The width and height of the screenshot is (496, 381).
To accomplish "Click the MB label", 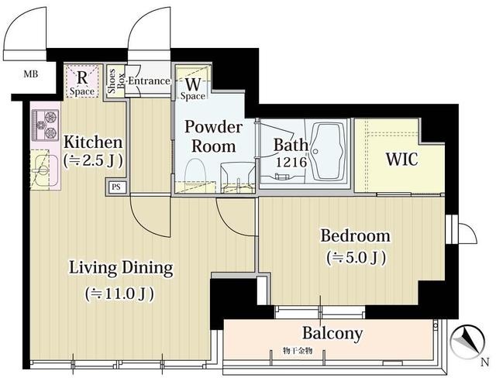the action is point(31,74).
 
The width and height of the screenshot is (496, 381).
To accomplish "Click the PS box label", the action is point(116,187).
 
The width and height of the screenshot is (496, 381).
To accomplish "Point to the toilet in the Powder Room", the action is point(195,175).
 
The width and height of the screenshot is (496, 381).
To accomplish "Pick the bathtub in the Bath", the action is point(328,152).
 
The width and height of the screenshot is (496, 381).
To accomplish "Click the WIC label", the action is point(401,159).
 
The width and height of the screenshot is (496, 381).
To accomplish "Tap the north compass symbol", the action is point(468,342).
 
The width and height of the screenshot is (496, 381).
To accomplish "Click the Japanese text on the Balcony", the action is point(298,351).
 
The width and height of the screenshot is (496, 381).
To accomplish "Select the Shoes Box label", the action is point(115,81).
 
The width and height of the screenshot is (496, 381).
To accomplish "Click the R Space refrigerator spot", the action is point(82,81).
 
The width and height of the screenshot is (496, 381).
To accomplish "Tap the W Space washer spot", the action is point(193,84).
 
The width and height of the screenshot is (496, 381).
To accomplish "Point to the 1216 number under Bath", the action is point(291,162).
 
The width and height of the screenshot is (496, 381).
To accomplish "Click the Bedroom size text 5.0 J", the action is point(356,258).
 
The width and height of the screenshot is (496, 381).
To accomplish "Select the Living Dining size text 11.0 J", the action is point(119,293).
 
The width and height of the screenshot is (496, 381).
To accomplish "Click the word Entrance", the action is point(149,81).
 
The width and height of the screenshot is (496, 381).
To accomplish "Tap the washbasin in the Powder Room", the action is point(238,177).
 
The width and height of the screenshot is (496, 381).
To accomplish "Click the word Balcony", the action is point(332,333).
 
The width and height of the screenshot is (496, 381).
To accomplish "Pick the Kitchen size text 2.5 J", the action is point(93,161).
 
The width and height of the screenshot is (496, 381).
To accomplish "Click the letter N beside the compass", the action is point(485,362).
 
